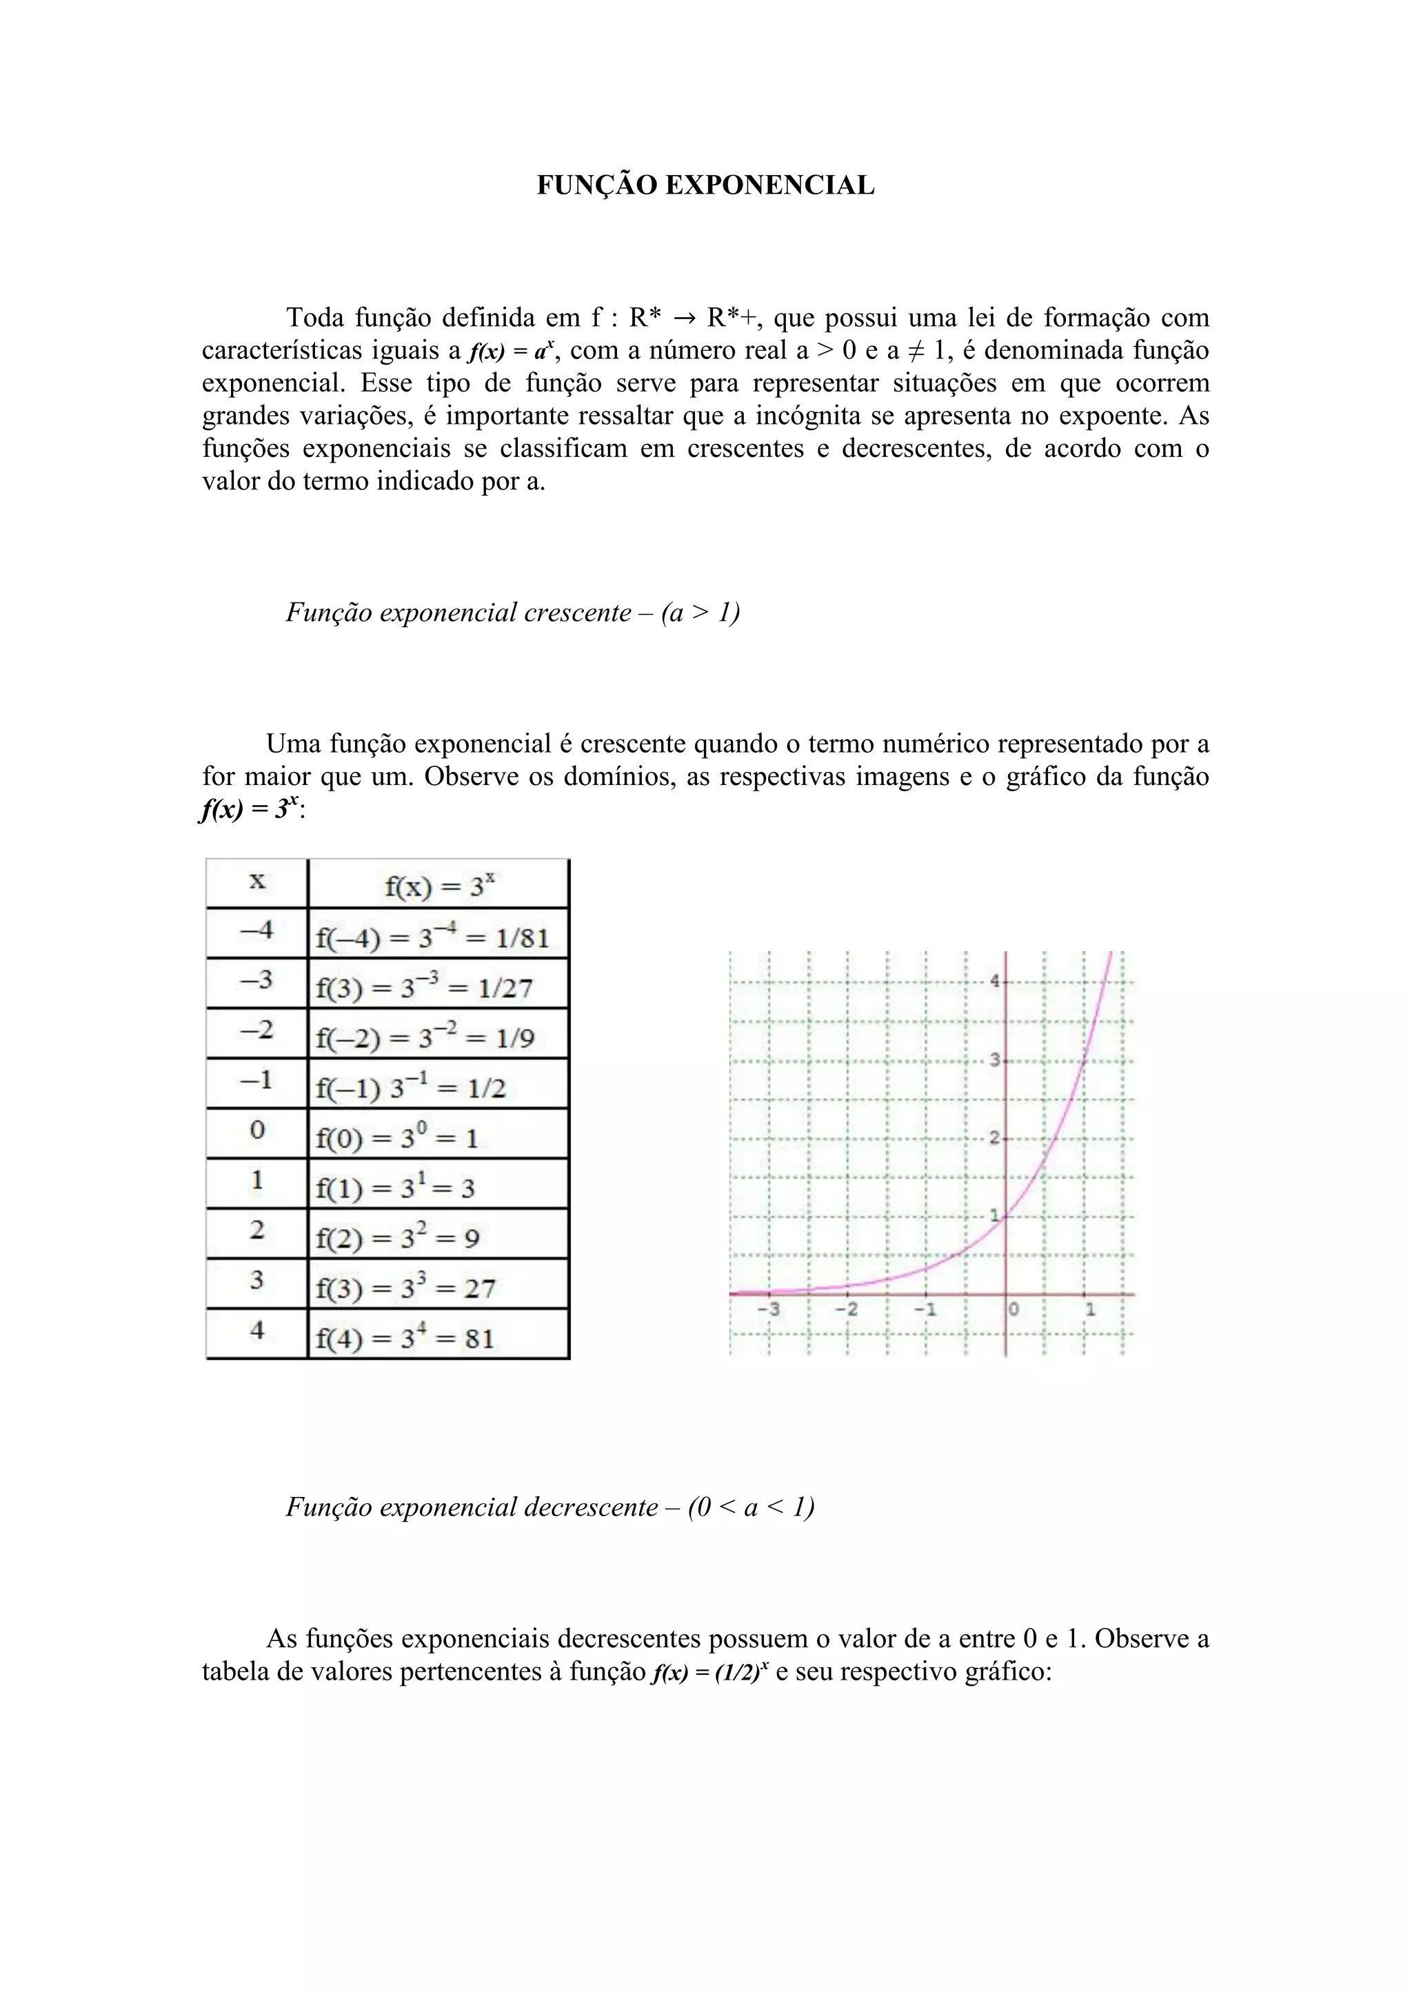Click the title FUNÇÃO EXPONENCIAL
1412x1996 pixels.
(705, 185)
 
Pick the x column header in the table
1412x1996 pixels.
(256, 882)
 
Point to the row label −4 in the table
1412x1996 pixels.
(256, 931)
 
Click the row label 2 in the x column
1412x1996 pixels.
(256, 1230)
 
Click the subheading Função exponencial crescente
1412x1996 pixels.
(512, 613)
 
